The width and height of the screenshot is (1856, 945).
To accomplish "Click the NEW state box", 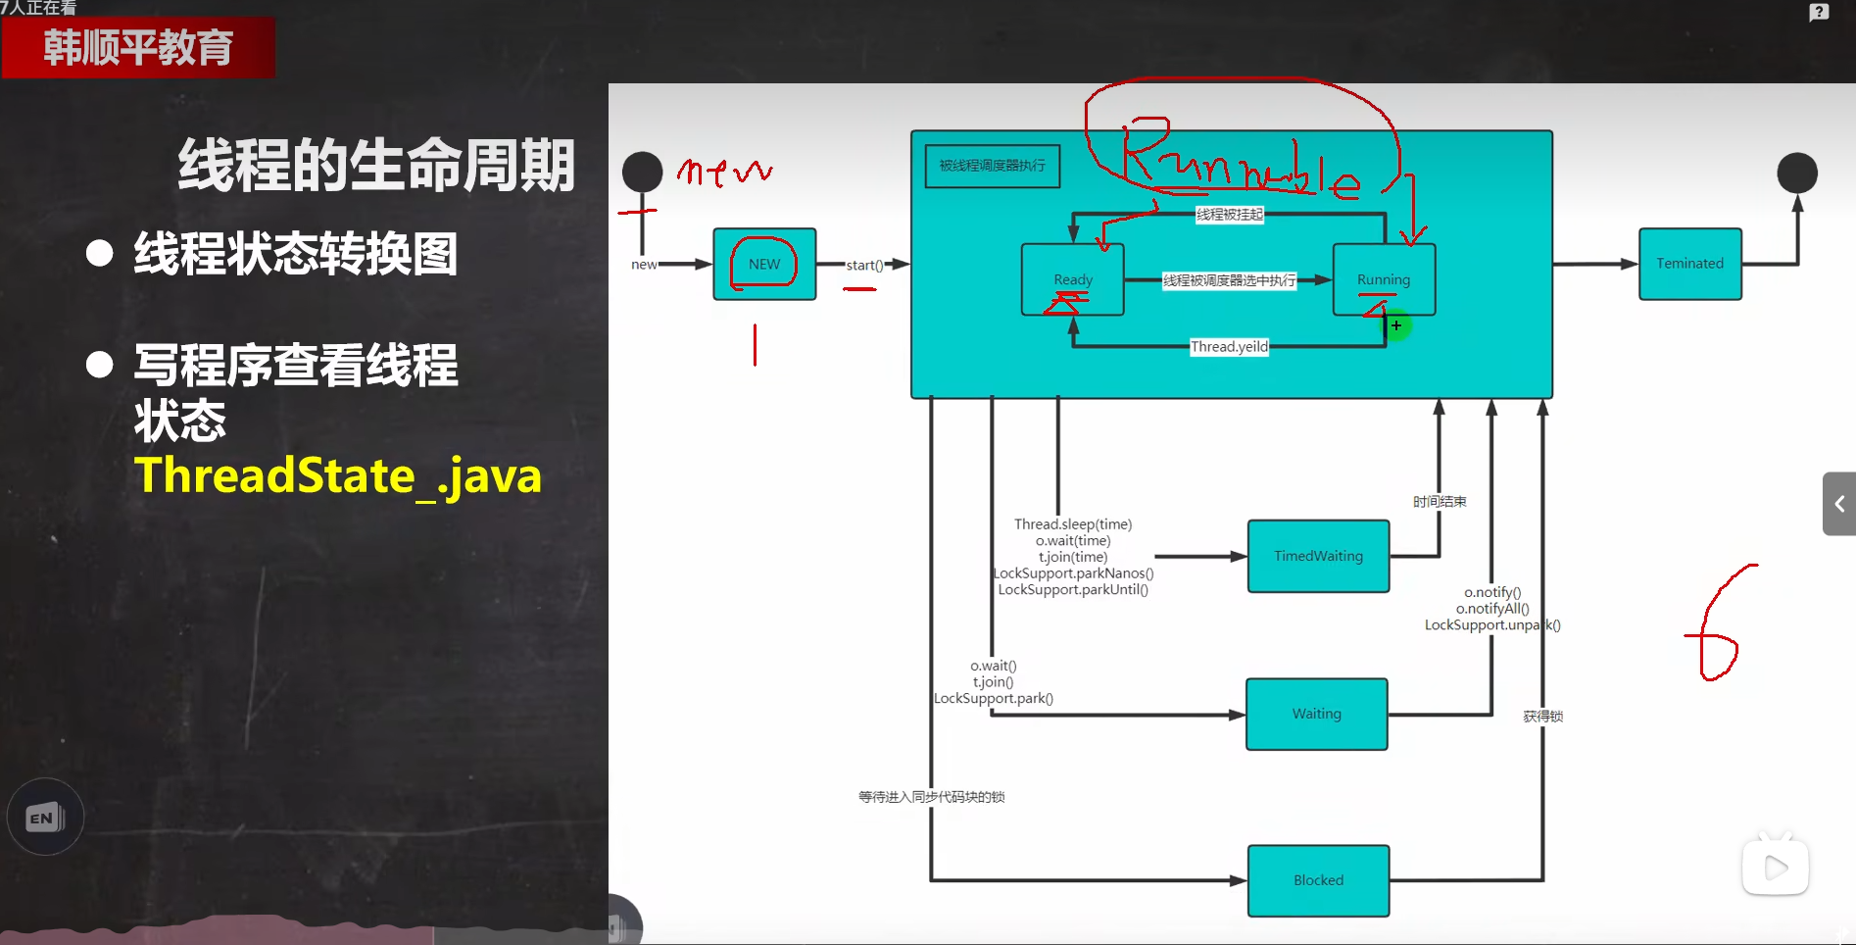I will [x=764, y=264].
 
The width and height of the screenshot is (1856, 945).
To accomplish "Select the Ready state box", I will [x=1072, y=279].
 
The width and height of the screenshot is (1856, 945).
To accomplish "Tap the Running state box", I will [x=1384, y=279].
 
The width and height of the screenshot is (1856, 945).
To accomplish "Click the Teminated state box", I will [x=1689, y=264].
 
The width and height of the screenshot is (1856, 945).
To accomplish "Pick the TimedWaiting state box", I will [x=1318, y=556].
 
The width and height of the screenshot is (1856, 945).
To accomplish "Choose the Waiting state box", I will [x=1316, y=714].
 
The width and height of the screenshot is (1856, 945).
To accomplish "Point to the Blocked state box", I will [x=1318, y=880].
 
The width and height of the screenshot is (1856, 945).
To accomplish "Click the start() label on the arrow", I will [x=864, y=265].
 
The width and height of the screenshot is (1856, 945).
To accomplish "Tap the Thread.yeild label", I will [x=1229, y=346].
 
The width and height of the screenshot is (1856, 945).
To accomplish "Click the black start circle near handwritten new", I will [x=643, y=172].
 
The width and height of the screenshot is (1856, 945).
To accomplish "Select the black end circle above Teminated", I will [x=1797, y=173].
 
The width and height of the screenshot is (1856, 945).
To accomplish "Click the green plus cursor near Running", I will [x=1396, y=325].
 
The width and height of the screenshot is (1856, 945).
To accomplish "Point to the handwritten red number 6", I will [x=1717, y=627].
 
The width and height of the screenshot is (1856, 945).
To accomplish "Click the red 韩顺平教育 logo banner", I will [x=138, y=47].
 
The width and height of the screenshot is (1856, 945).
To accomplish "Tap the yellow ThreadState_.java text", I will [x=338, y=475].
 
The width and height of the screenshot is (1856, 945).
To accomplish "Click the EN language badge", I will [x=45, y=817].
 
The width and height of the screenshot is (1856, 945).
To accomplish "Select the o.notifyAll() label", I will [x=1492, y=609].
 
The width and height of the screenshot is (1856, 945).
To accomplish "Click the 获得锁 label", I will [x=1542, y=717].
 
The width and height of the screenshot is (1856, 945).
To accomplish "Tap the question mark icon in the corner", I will [x=1819, y=13].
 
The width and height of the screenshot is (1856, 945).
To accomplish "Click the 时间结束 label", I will [x=1440, y=502].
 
